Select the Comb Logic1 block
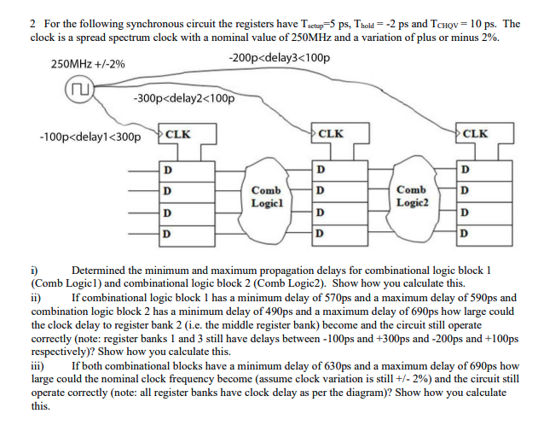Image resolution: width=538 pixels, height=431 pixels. pyautogui.click(x=267, y=196)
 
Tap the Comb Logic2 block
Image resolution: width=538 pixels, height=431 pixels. pyautogui.click(x=412, y=196)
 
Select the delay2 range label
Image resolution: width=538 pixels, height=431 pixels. pyautogui.click(x=184, y=97)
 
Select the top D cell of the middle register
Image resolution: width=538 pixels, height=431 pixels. pyautogui.click(x=319, y=169)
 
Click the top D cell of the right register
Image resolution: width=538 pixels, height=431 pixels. pyautogui.click(x=464, y=169)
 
